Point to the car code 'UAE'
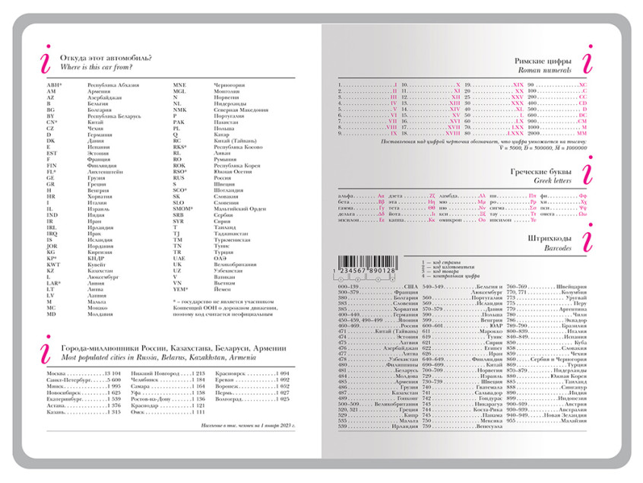[179, 258]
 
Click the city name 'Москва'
[57, 374]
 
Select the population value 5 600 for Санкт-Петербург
[112, 380]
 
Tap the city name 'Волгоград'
[231, 399]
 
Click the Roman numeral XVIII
[455, 127]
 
